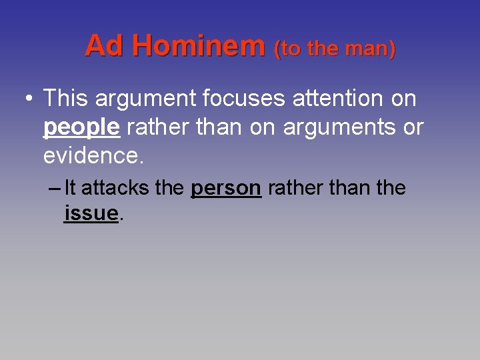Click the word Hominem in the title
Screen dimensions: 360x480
coord(199,46)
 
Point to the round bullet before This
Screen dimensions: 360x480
coord(27,99)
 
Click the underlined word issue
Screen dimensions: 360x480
coord(91,213)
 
